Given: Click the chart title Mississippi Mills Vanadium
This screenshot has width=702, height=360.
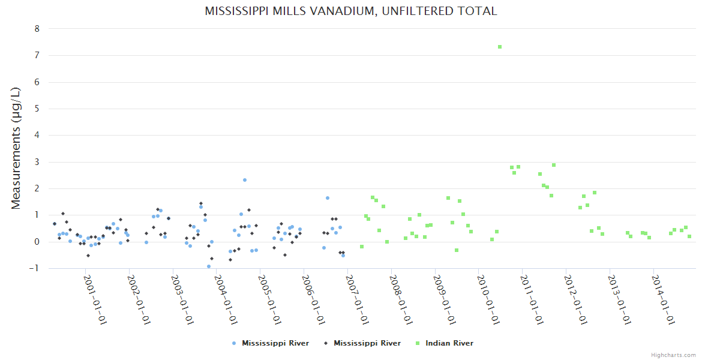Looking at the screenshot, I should pos(351,11).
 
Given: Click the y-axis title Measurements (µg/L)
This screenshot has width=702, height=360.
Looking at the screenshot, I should pos(16,148).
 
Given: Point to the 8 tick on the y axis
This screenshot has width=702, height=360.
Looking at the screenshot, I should pos(37,29).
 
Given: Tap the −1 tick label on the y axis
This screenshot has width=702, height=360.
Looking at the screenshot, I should pos(35,268).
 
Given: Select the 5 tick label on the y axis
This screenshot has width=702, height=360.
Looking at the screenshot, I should pos(37,109).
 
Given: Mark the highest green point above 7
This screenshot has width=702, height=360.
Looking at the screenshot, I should pos(500,47).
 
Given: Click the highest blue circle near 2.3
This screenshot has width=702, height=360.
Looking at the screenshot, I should pos(245,180).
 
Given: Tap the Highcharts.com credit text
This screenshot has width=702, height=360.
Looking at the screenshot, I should pos(673,355).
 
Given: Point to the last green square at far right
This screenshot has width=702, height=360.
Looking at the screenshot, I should pos(689,236).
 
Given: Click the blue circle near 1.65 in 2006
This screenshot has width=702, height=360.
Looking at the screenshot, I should pos(328,198).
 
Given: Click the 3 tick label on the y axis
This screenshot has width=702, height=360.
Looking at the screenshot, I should pos(37,162).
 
